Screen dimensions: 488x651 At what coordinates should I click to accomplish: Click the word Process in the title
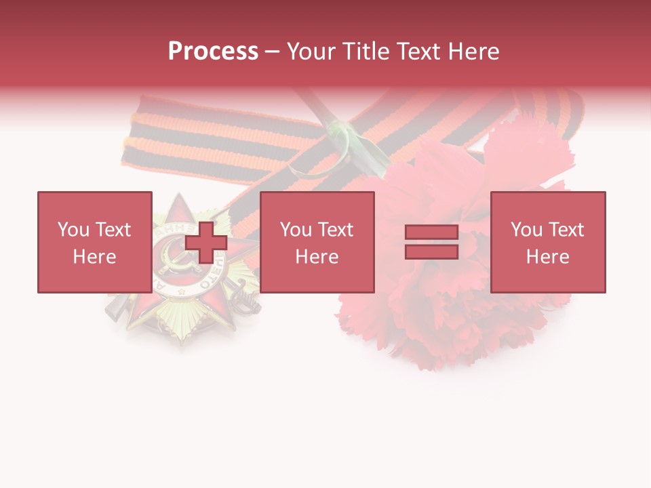213,52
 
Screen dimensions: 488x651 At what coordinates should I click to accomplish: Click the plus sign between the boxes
206,243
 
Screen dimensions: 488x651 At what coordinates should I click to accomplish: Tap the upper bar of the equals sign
431,232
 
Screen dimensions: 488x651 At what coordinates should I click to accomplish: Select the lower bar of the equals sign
431,252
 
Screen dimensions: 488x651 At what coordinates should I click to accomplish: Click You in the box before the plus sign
73,230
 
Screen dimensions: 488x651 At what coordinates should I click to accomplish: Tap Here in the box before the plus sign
94,257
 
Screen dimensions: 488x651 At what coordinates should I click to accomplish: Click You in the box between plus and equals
295,230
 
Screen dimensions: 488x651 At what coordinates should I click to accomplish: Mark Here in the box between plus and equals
317,257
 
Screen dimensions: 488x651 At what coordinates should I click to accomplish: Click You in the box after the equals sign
526,230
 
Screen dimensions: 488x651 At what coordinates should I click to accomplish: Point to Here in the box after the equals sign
547,257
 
